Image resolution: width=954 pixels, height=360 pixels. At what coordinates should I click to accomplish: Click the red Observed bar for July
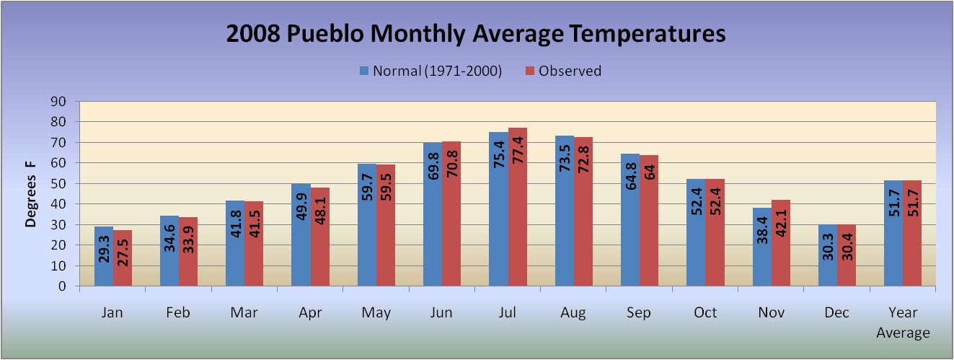tap(518, 206)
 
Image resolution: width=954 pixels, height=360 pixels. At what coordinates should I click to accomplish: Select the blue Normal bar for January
tap(104, 256)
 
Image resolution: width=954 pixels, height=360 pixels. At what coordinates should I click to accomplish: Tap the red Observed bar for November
tap(781, 243)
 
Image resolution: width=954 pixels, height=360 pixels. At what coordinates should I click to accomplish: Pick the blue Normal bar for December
tap(828, 255)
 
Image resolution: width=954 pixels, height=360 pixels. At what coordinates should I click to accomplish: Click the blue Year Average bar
tap(893, 233)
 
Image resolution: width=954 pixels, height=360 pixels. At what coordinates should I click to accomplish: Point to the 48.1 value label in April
tap(320, 211)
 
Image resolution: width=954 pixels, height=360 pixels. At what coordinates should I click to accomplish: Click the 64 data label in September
tap(650, 172)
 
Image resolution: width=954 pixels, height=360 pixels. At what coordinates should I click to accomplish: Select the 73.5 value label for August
tap(565, 158)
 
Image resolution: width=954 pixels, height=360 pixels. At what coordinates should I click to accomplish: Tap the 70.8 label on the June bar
tap(452, 164)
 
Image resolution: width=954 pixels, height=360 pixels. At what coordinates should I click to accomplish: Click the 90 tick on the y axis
tap(58, 102)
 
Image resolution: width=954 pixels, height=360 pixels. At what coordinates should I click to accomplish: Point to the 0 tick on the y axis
tap(62, 286)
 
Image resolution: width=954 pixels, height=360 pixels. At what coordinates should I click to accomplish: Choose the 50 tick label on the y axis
tap(58, 184)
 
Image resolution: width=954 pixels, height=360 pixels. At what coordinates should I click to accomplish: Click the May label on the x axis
tap(376, 313)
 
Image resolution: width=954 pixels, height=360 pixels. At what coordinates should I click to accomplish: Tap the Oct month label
tap(705, 312)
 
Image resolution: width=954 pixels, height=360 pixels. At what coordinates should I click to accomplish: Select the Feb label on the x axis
tap(177, 312)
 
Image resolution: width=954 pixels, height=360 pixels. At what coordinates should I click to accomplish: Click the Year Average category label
tap(903, 322)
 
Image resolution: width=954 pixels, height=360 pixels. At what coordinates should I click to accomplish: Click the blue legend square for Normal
tap(364, 71)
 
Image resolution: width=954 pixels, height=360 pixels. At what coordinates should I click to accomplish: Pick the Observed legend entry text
tap(570, 71)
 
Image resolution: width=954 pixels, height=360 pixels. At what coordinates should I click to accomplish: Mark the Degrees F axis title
tap(30, 194)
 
